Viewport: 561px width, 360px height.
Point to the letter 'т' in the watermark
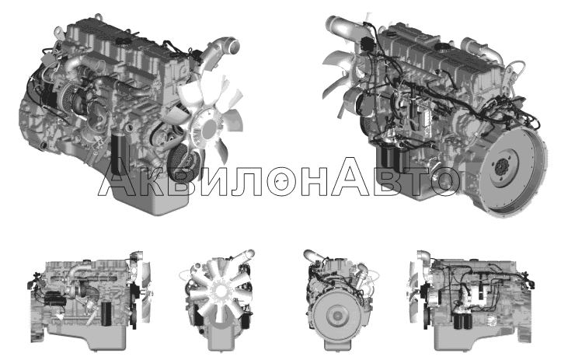414,180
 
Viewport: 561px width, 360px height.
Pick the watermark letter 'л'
246,181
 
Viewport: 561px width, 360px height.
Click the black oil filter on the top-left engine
118,155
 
